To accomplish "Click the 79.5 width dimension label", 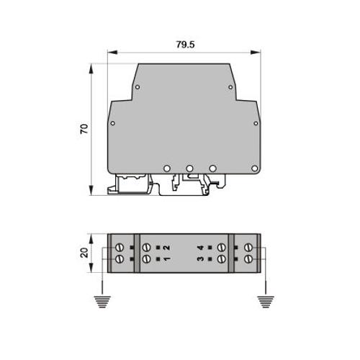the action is click(x=185, y=45).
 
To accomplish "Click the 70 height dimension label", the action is click(x=84, y=129).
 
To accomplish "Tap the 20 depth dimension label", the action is click(x=84, y=253).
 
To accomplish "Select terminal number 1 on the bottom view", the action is click(x=167, y=258).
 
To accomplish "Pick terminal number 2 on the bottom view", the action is click(x=167, y=248).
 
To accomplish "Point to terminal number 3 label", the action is click(x=200, y=258).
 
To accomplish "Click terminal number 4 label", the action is click(x=200, y=248).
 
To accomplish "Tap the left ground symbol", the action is click(x=102, y=302).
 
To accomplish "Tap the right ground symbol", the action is click(x=266, y=302).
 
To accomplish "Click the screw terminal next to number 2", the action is click(x=146, y=247).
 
